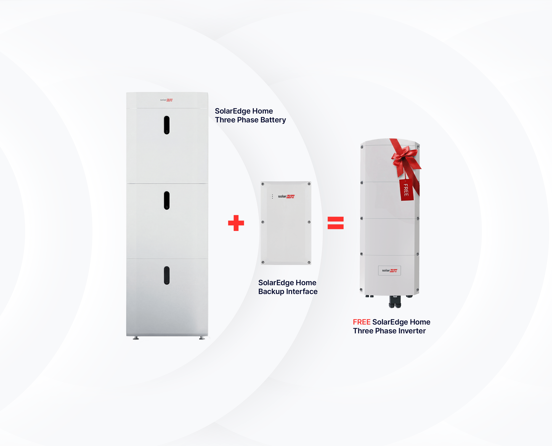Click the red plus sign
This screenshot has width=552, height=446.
point(236,223)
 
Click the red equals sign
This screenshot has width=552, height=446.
point(335,223)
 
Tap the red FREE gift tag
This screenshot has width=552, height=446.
point(406,190)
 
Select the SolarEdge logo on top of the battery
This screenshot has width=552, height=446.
point(166,100)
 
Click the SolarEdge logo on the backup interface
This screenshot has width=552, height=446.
point(286,196)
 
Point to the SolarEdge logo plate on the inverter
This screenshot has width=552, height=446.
point(389,270)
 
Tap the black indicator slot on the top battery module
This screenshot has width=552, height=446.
point(167,125)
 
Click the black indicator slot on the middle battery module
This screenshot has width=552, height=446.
point(167,200)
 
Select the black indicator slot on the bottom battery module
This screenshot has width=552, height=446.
point(167,275)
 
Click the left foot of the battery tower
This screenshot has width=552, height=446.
point(136,338)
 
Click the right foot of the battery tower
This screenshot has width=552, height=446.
point(202,338)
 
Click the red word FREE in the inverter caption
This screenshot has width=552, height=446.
point(362,322)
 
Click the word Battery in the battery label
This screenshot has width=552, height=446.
point(273,120)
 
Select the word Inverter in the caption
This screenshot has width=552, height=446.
point(412,331)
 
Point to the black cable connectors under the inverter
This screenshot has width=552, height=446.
point(395,302)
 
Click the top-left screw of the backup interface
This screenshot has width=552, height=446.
point(263,184)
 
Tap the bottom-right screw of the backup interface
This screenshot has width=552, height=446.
point(309,262)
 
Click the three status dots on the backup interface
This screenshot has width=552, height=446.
point(272,197)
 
